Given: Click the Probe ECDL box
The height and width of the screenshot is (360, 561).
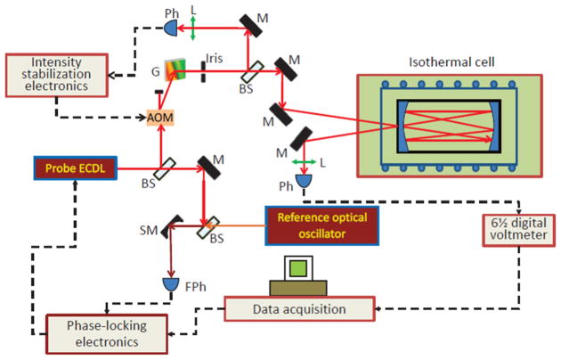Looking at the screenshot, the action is [76, 168].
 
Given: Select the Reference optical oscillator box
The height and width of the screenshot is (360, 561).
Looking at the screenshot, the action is [321, 225].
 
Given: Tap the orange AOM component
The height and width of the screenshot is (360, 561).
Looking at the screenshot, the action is [160, 117].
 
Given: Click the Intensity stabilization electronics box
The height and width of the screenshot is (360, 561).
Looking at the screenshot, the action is [56, 75].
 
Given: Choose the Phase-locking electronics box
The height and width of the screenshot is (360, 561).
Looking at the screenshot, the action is [107, 333].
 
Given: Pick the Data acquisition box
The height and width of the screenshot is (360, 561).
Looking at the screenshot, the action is [299, 308].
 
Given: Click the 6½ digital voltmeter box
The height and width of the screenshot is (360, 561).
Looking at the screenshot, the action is [519, 230].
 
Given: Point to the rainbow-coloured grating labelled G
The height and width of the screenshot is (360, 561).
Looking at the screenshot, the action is [175, 70].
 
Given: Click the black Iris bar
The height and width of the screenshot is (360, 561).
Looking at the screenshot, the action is [203, 72].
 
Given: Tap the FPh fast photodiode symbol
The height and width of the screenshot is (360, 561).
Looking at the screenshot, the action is [171, 284].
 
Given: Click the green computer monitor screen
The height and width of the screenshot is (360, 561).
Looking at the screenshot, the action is [298, 268].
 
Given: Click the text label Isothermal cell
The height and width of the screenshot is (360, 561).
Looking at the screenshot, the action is [451, 61].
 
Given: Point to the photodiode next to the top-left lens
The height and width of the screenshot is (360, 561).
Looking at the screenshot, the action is [171, 28].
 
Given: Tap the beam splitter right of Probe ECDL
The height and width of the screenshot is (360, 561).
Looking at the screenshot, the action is [166, 168].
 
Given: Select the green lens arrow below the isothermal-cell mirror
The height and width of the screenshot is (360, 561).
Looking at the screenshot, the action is [304, 162].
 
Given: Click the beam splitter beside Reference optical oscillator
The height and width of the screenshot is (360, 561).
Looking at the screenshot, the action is [207, 227].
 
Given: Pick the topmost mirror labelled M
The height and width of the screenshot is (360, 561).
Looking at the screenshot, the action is [250, 26].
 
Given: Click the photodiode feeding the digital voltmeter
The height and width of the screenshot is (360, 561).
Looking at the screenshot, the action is [304, 181].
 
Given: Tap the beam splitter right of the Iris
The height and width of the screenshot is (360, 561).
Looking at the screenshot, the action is [252, 71].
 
